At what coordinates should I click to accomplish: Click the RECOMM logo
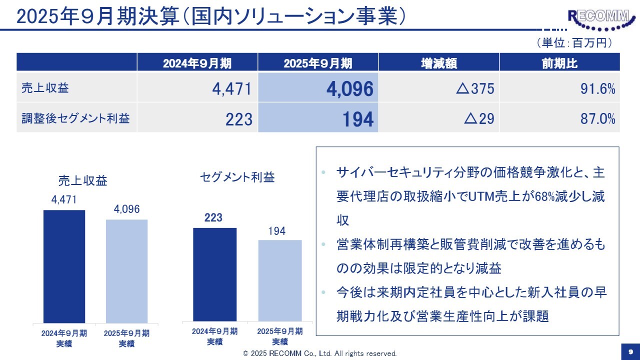598,17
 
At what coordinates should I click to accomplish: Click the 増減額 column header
438,63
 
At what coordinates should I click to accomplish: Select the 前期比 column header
559,63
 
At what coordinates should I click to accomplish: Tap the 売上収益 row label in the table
45,88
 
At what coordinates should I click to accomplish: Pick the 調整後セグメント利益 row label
75,118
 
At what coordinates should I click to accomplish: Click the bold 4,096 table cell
349,89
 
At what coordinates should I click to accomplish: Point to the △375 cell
474,89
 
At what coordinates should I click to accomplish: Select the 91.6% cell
598,89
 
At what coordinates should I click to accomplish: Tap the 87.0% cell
598,118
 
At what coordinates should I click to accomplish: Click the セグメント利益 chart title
237,177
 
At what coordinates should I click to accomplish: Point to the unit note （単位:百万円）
574,43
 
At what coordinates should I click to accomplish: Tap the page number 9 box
630,351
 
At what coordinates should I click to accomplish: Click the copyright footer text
320,353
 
